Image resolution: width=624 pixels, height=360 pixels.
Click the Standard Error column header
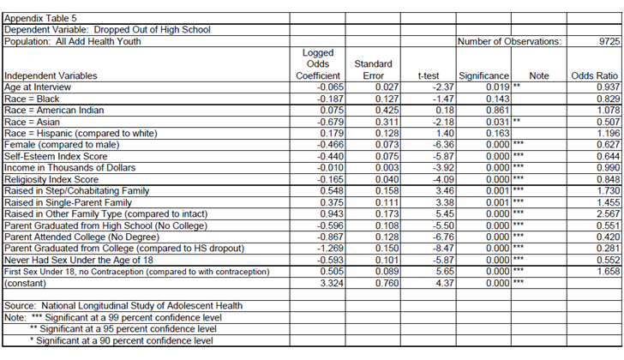pyautogui.click(x=373, y=69)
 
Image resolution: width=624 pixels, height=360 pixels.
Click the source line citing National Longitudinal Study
pyautogui.click(x=123, y=305)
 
